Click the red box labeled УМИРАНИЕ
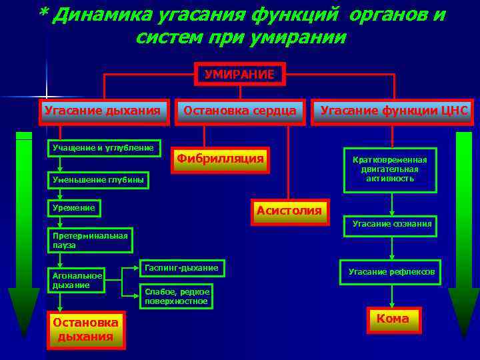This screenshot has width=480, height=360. [x=239, y=75]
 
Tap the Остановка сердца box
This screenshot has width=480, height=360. [x=240, y=111]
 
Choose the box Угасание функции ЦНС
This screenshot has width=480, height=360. [x=394, y=111]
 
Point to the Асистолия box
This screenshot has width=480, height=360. [x=289, y=211]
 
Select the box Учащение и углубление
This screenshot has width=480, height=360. [x=103, y=148]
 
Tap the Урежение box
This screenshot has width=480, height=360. [x=74, y=209]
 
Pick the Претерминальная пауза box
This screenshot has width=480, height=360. [x=90, y=240]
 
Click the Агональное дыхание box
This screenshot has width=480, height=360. [x=77, y=280]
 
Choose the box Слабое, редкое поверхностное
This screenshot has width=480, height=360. [x=177, y=297]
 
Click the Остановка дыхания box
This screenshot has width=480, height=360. [x=85, y=329]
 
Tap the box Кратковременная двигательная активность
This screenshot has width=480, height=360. [x=390, y=169]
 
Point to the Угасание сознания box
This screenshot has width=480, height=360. [x=392, y=224]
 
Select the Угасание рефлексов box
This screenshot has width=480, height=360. [x=391, y=271]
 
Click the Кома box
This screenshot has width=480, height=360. [x=393, y=319]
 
